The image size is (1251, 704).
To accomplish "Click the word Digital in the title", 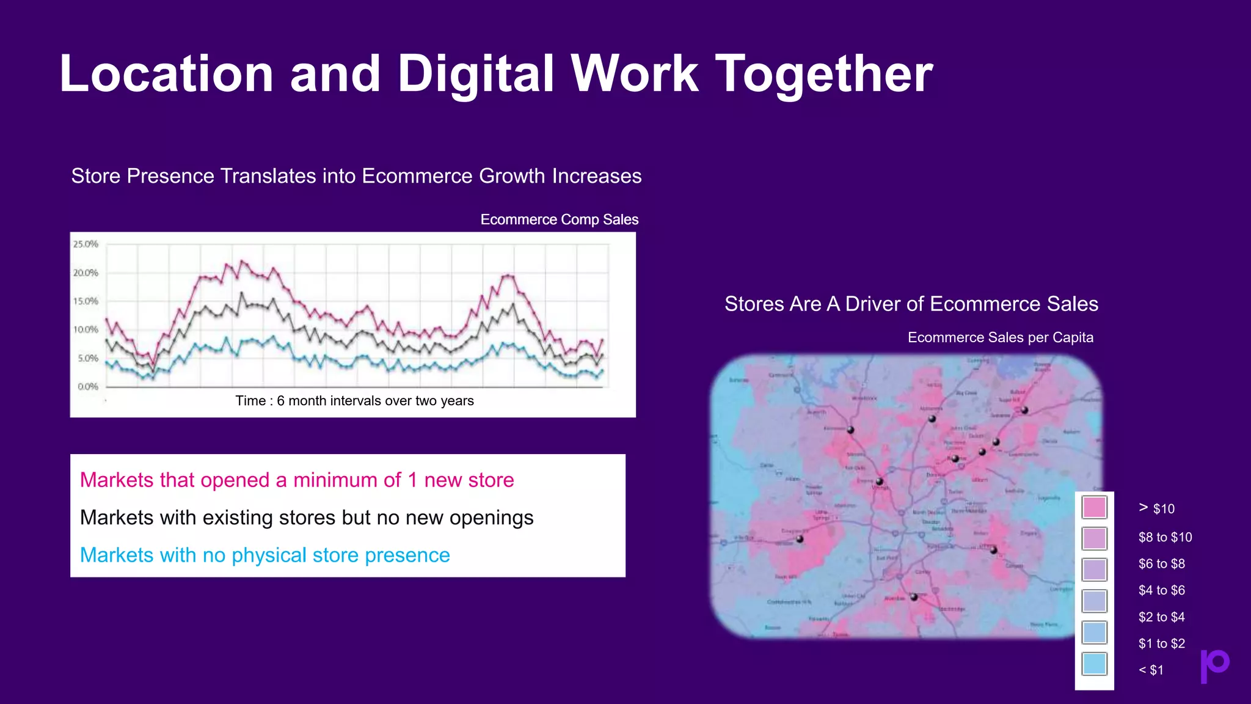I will click(x=476, y=75).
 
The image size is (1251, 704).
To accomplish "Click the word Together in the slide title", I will click(x=823, y=75).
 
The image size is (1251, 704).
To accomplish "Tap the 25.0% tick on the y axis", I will click(x=86, y=244).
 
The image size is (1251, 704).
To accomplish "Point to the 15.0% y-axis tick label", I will click(x=86, y=301).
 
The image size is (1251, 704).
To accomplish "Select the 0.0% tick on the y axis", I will click(x=87, y=387).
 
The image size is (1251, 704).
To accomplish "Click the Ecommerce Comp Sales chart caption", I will click(x=559, y=219).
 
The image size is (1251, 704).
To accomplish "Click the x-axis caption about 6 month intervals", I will click(x=354, y=401).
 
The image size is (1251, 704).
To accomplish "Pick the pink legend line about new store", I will click(x=297, y=480).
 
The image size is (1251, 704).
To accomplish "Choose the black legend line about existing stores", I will click(x=307, y=518).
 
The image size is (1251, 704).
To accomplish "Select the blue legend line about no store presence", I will click(x=264, y=555).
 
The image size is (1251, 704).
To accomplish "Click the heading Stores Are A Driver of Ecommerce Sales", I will click(x=911, y=304).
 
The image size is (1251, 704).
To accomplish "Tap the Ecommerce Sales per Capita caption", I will click(x=1000, y=337).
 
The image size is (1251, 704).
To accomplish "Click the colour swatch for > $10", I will click(x=1094, y=507).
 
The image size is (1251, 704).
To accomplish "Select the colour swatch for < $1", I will click(x=1094, y=664).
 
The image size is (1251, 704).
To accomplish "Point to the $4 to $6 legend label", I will click(x=1161, y=590).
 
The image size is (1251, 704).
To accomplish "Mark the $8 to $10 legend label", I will click(x=1165, y=537).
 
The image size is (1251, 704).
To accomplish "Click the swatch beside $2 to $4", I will click(x=1094, y=601).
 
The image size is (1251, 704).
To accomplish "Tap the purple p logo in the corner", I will click(x=1214, y=665).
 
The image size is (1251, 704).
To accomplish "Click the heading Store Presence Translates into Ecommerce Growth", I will click(x=356, y=176).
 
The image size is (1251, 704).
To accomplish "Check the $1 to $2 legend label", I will click(x=1161, y=643).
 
